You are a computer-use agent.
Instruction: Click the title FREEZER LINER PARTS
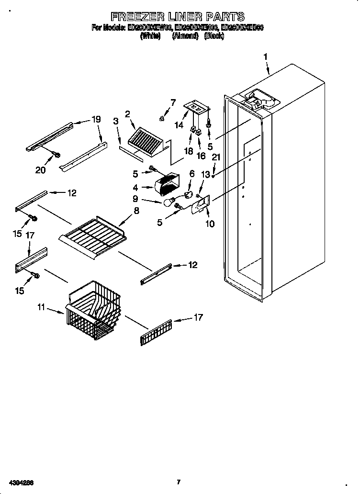click(177, 17)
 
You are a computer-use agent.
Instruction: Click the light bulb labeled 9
click(168, 202)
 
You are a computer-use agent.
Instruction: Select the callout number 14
click(179, 125)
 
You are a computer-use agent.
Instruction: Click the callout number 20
click(40, 169)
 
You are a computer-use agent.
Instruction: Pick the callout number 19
click(96, 119)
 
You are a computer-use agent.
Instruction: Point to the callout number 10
click(209, 223)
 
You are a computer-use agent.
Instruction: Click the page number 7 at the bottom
click(178, 482)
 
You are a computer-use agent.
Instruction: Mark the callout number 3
click(115, 121)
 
